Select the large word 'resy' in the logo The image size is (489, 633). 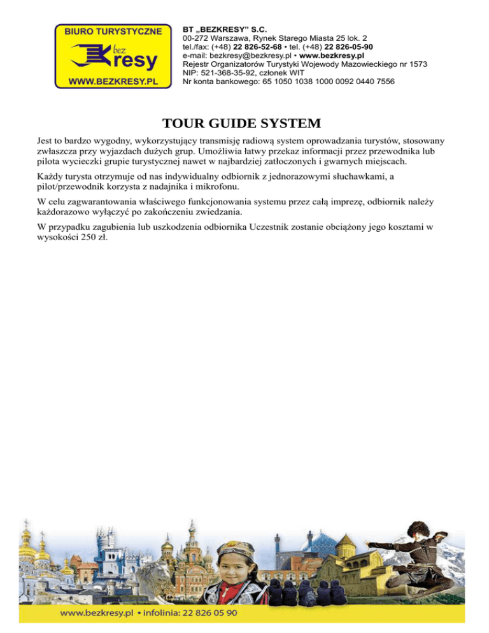(x=133, y=60)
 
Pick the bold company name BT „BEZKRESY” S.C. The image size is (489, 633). (x=224, y=29)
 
